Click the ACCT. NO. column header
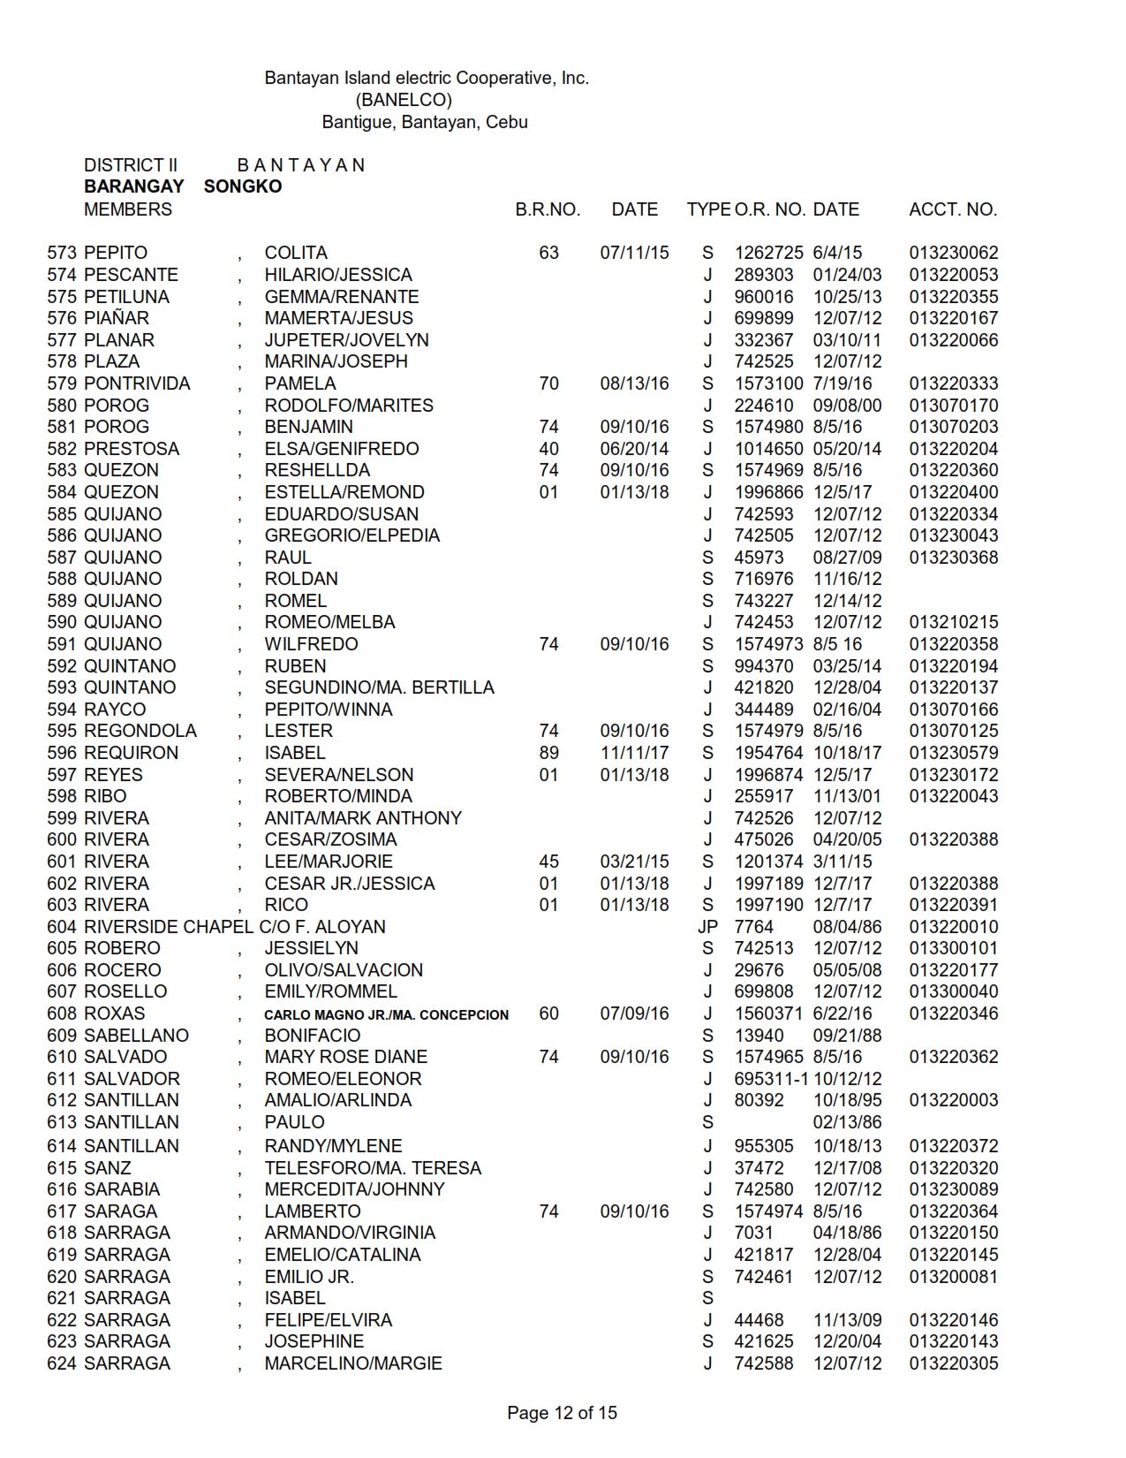(x=953, y=210)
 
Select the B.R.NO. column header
(x=548, y=210)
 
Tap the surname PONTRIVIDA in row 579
(x=137, y=383)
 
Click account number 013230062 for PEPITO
(x=954, y=253)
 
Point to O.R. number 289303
(x=764, y=275)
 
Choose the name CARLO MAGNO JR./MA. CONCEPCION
(x=386, y=1014)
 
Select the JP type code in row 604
(x=707, y=927)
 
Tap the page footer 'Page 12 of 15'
(x=562, y=1413)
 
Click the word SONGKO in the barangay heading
(x=243, y=186)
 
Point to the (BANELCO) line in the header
(x=404, y=100)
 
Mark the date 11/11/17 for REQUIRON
(x=634, y=753)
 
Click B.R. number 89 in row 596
(x=548, y=753)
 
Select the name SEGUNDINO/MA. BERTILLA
(x=379, y=687)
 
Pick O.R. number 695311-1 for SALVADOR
(x=771, y=1079)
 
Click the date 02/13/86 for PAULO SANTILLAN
(x=847, y=1122)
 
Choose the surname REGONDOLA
(x=140, y=731)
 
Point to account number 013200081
(x=954, y=1277)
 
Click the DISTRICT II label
(x=131, y=165)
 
